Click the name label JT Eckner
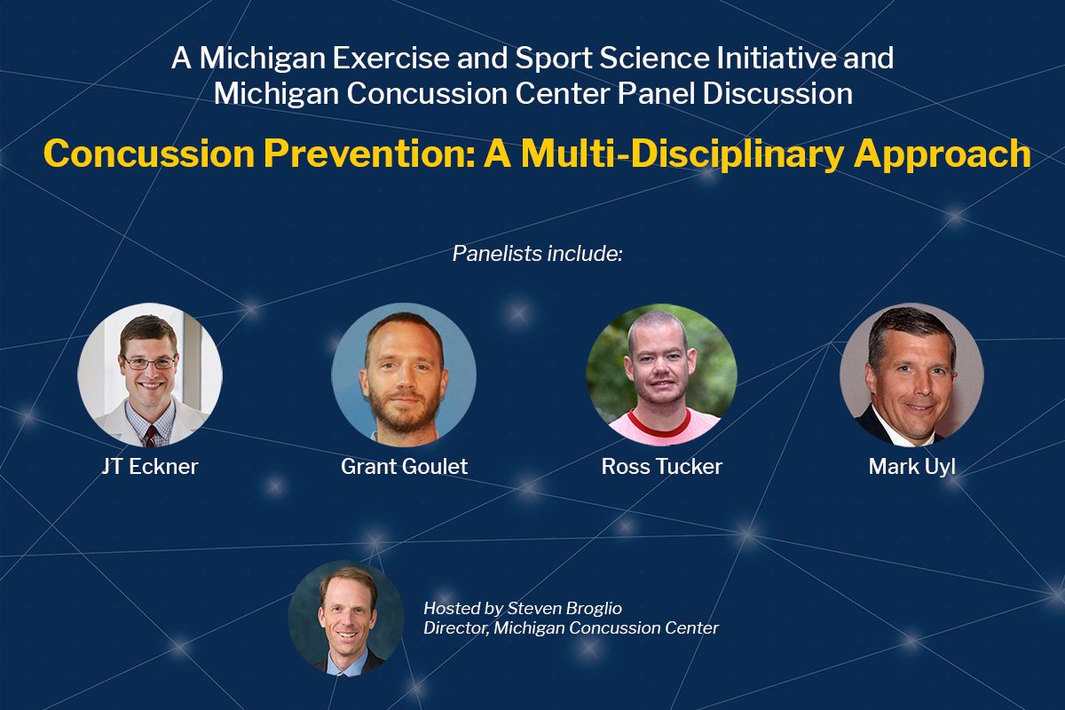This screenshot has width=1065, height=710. click(150, 467)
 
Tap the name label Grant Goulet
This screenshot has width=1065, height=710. click(404, 467)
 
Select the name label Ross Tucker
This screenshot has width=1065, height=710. click(662, 467)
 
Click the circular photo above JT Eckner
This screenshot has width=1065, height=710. click(150, 375)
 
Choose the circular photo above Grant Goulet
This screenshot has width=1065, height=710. click(404, 375)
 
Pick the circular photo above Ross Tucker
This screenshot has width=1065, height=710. click(661, 375)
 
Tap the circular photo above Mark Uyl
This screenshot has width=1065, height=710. click(911, 375)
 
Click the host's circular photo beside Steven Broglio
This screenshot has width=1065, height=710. click(346, 619)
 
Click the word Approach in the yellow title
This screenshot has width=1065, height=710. click(943, 155)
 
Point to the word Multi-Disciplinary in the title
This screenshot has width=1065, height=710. click(682, 155)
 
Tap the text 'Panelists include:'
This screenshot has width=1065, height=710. click(537, 254)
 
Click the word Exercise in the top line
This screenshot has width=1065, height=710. click(390, 58)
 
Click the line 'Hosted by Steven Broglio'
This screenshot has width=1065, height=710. click(523, 608)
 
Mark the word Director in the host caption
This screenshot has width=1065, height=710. click(456, 628)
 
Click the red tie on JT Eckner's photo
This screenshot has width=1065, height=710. click(151, 436)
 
